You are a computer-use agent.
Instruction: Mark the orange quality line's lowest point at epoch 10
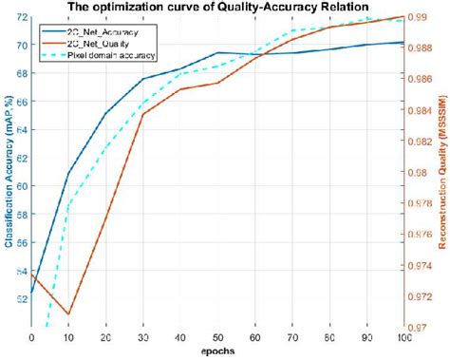tap(68, 313)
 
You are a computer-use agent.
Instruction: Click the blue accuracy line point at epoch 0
tap(32, 292)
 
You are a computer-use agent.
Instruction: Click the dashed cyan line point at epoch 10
tap(68, 204)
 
